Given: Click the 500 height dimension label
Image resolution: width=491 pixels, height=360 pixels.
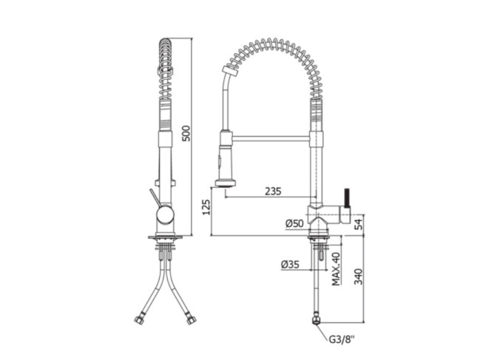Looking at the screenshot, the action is tap(186, 133).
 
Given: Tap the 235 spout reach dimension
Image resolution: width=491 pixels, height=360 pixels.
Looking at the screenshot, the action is tap(273, 191).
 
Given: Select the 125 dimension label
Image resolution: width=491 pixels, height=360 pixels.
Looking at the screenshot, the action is tap(206, 207).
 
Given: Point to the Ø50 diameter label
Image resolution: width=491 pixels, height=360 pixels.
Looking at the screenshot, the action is tap(294, 223).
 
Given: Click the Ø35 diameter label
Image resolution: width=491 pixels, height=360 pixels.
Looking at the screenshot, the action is tap(291, 265).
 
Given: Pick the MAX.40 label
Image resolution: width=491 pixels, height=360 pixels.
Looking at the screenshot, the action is tap(336, 269).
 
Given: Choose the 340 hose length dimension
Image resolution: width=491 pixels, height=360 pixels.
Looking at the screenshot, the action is tap(358, 276).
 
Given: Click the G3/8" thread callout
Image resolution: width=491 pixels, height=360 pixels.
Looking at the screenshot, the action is tap(342, 339).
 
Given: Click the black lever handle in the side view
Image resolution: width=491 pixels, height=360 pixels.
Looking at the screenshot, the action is tap(347, 198).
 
